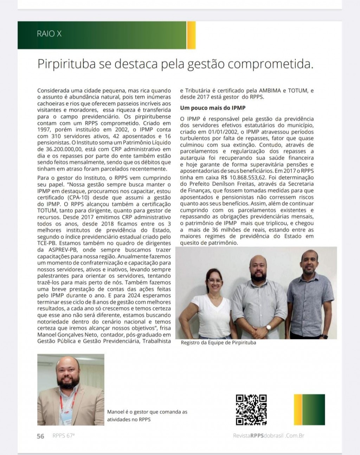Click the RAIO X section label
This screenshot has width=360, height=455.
click(49, 34)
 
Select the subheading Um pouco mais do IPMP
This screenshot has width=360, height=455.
click(213, 108)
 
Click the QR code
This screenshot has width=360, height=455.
click(251, 409)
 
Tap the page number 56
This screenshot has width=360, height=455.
click(41, 436)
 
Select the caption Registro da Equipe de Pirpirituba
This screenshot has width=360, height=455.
click(218, 343)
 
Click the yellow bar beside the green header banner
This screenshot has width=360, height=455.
click(191, 35)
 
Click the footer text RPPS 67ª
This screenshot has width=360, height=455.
click(64, 436)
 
